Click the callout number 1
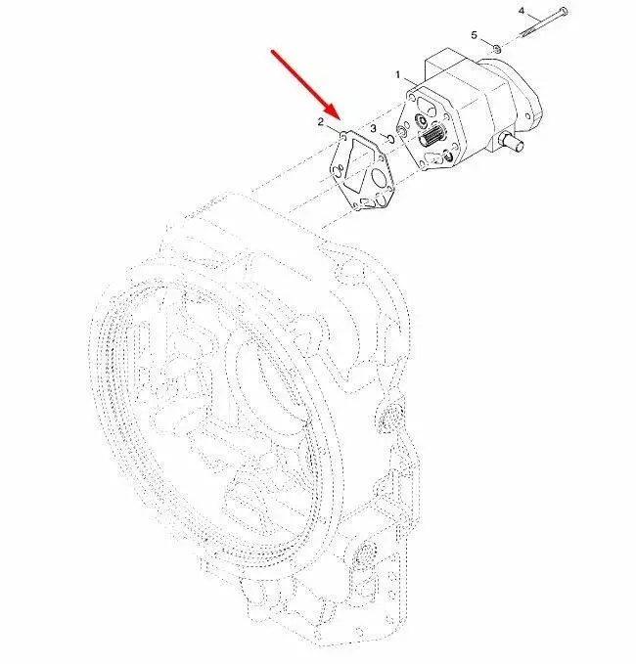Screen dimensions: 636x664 point(398,75)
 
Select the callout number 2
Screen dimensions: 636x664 point(321,122)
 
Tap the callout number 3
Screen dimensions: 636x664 point(374,128)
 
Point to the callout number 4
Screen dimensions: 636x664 point(522,10)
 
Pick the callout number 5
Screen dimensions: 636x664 point(475,35)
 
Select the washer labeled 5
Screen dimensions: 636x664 point(497,48)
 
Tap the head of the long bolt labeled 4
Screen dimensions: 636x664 point(564,11)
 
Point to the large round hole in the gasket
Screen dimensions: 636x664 point(381,179)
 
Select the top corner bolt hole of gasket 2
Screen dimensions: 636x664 point(342,136)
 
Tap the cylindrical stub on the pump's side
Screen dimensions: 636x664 point(513,143)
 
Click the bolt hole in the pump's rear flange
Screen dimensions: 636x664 point(528,115)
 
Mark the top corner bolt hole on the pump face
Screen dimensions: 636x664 point(411,97)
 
